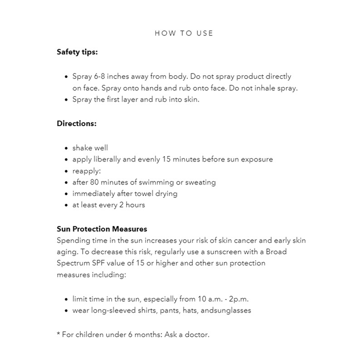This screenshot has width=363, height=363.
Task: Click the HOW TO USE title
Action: click(184, 33)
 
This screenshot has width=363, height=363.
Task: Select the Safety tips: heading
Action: click(77, 52)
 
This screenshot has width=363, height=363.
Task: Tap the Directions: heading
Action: click(77, 123)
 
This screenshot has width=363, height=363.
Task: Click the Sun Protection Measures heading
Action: click(102, 229)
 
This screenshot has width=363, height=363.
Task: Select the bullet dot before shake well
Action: click(67, 148)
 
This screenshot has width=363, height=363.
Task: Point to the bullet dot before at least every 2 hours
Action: click(67, 205)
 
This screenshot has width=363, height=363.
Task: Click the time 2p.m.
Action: click(239, 299)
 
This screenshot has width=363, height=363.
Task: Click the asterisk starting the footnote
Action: click(59, 334)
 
